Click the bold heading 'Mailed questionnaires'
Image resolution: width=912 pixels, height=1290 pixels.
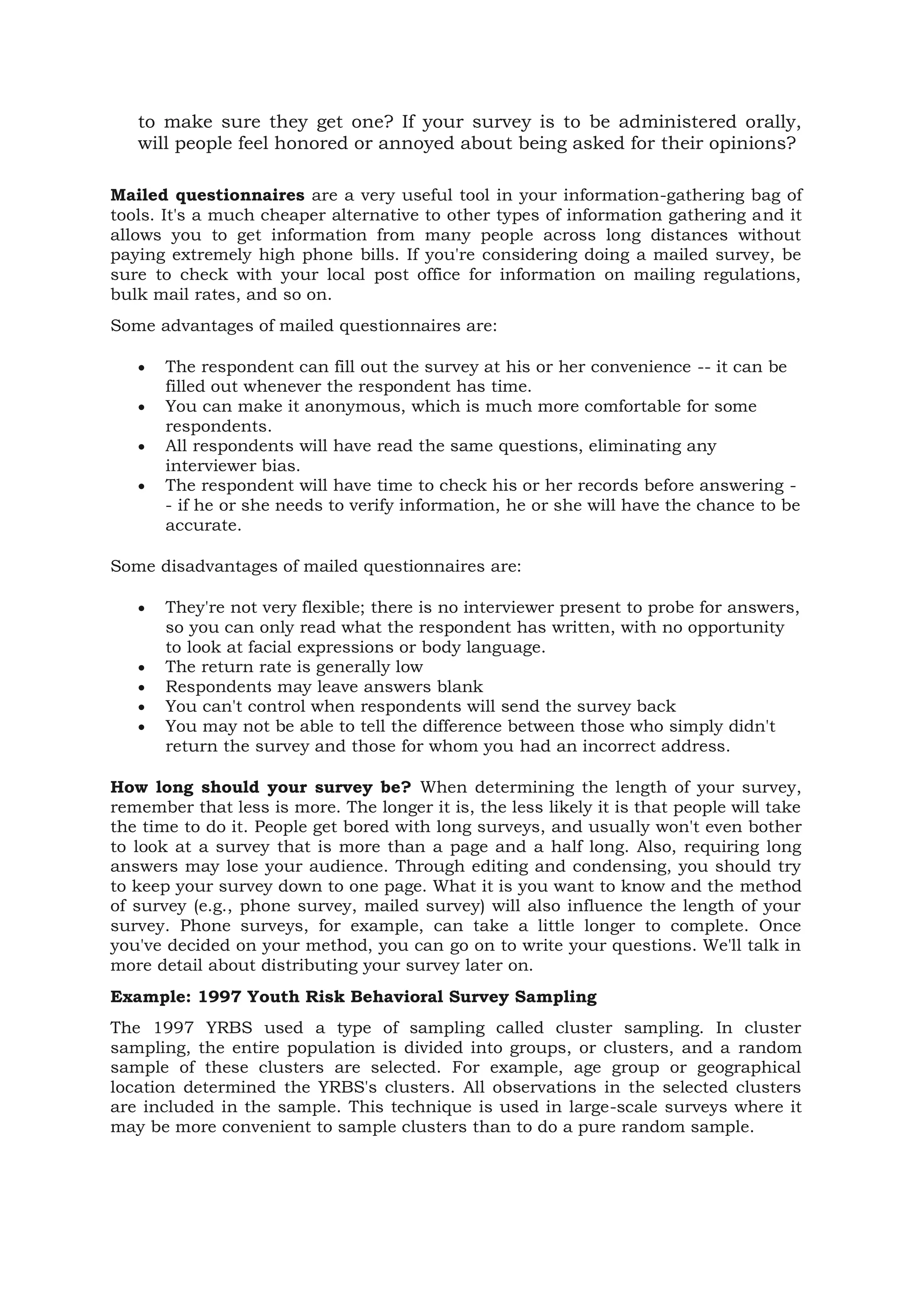207,196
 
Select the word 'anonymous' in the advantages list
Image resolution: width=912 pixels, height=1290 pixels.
355,406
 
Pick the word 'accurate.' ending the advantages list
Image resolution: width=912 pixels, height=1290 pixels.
204,525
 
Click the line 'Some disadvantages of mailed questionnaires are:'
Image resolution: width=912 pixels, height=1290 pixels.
316,566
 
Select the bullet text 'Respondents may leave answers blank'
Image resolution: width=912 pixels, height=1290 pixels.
324,686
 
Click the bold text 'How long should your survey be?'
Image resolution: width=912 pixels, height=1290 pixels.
261,787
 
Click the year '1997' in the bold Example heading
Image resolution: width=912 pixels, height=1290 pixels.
220,997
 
